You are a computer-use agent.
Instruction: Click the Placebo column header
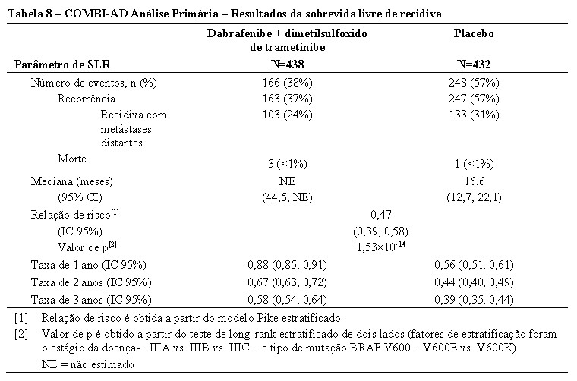coord(474,33)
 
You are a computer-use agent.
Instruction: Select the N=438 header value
coord(288,65)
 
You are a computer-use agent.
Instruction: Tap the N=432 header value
coord(474,65)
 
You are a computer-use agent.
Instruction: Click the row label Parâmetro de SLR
coord(62,65)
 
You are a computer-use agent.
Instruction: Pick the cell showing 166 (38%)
coord(288,83)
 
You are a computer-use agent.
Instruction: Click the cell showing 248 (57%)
coord(474,83)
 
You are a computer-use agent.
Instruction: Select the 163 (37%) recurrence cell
coord(288,99)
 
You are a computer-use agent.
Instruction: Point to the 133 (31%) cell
coord(474,115)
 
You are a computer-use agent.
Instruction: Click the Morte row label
coord(72,159)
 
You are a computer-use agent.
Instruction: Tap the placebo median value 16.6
coord(474,181)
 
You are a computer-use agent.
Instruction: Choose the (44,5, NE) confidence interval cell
coord(288,197)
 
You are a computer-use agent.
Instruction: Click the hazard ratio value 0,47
coord(381,214)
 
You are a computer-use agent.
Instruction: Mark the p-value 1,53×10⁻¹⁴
coord(381,246)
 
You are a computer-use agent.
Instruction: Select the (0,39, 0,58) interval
coord(381,231)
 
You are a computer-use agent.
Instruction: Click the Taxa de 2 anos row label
coord(91,282)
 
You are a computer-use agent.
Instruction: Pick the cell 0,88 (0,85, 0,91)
coord(288,265)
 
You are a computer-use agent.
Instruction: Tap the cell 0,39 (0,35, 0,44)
coord(474,300)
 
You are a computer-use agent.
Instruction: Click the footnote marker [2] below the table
coord(21,334)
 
